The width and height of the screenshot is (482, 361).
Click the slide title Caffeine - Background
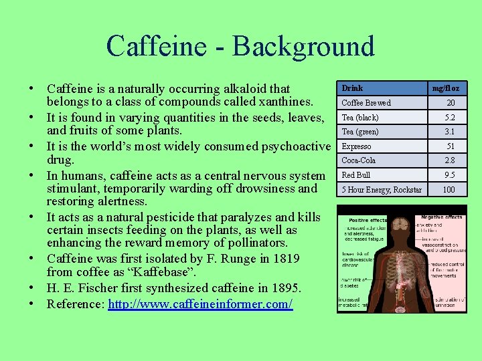coord(240,46)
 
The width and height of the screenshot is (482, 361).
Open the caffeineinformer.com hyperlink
coord(200,304)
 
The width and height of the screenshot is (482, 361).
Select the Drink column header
coord(352,88)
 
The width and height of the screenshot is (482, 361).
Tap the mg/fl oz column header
coord(446,88)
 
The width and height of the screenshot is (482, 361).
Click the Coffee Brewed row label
coord(366,103)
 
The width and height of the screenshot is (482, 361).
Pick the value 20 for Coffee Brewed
coord(451,103)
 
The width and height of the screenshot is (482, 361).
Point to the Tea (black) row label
coord(360,118)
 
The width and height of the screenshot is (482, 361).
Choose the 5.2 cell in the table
coord(451,118)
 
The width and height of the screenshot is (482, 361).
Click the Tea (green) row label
coord(360,132)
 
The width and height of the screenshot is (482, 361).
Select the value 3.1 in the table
coord(451,132)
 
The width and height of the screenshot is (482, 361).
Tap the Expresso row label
coord(357,146)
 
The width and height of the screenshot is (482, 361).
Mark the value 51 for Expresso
coord(451,146)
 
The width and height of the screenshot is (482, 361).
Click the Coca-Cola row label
coord(359,160)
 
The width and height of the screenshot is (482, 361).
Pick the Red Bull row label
coord(356,175)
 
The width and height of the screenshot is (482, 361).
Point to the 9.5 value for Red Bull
coord(451,175)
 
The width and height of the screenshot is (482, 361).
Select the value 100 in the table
coord(449,190)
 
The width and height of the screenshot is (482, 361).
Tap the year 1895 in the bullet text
coord(286,288)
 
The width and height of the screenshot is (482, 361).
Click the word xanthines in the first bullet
coord(285,102)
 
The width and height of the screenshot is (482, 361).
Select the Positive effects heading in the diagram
coord(368,220)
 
